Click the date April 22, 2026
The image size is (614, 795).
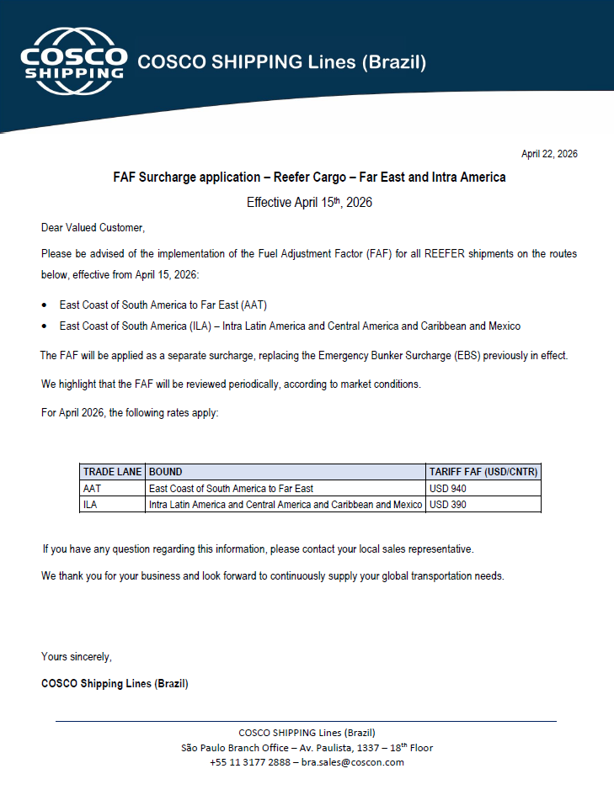point(549,154)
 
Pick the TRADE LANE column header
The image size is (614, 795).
point(112,472)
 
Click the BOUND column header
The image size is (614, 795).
point(165,472)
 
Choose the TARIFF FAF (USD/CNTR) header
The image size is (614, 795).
point(483,472)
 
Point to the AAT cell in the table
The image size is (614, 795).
point(92,489)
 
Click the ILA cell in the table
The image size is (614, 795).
point(90,505)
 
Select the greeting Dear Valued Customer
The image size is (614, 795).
point(93,228)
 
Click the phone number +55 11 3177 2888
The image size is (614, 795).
point(250,762)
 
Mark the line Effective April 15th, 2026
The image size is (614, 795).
point(309,203)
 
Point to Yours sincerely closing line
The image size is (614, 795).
point(77,656)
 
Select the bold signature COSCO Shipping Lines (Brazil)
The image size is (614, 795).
point(115,683)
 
